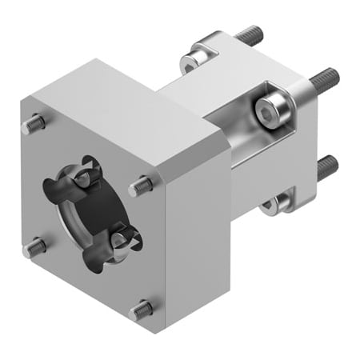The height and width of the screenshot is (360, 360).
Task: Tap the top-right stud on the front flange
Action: (x=142, y=185)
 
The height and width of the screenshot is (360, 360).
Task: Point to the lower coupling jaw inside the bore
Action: (x=122, y=238)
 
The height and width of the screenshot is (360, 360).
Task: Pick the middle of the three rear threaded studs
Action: (x=324, y=78)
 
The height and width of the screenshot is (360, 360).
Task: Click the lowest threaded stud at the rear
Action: (x=326, y=168)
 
